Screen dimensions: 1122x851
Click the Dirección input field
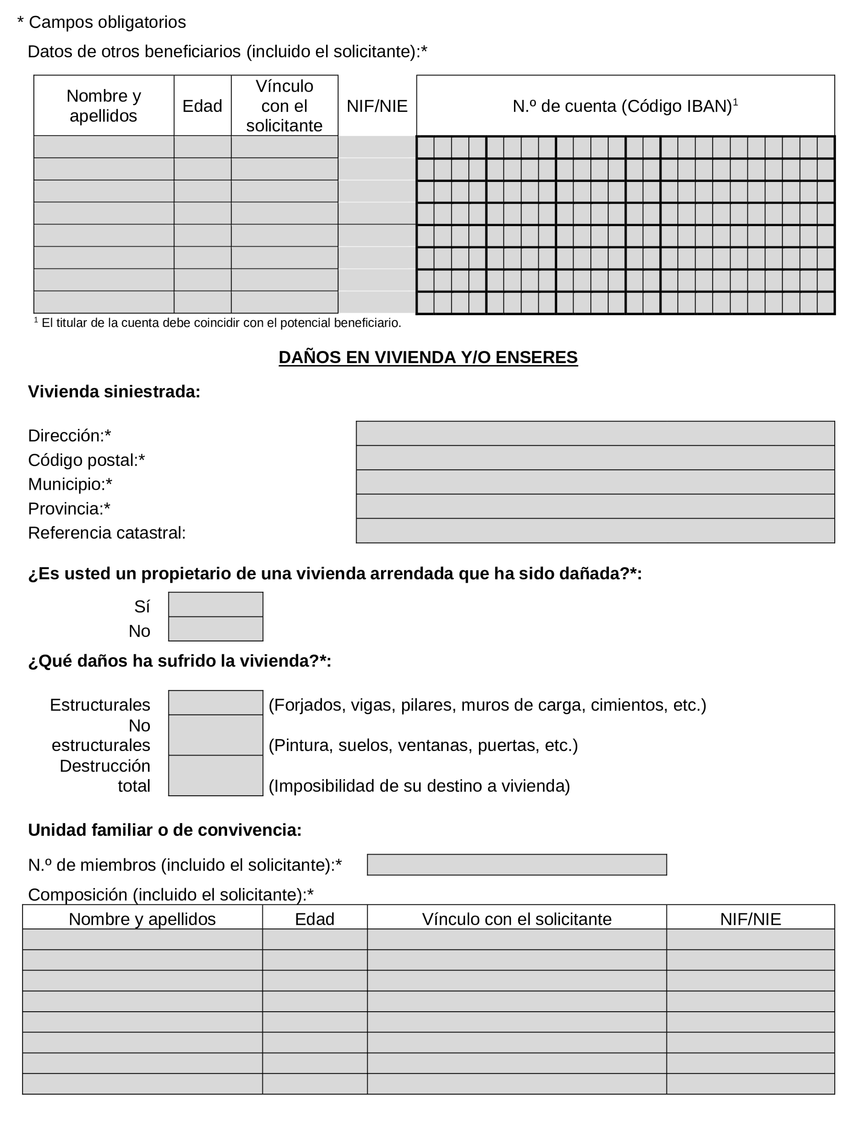[594, 433]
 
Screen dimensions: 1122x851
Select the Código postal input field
[594, 458]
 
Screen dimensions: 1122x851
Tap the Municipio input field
[594, 482]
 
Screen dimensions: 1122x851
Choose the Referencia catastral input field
[594, 531]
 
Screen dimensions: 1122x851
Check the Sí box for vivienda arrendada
[215, 605]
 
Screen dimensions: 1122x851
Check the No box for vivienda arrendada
[215, 629]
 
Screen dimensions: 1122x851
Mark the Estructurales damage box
[215, 702]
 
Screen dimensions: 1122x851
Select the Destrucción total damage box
[215, 776]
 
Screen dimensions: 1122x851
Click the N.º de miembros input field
[516, 865]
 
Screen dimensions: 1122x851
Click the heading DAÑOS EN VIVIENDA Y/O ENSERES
[428, 357]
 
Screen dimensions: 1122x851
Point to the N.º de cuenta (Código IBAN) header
[625, 106]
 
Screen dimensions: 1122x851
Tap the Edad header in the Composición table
[314, 919]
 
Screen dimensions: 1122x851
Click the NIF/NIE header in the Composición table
[750, 919]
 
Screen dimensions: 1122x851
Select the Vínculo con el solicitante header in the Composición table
[516, 919]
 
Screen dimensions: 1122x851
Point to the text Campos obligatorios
[107, 22]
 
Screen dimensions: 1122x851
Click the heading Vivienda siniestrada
[114, 392]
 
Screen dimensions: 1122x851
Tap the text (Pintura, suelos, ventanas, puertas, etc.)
[423, 745]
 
